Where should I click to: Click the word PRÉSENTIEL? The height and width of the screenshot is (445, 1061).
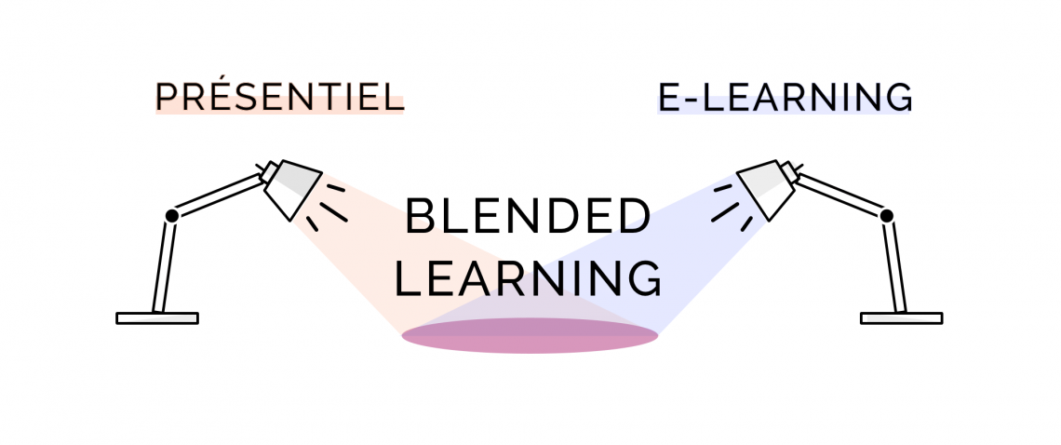(x=279, y=96)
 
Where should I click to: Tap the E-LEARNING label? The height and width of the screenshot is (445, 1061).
(x=785, y=97)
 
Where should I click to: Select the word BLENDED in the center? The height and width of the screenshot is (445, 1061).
(x=528, y=216)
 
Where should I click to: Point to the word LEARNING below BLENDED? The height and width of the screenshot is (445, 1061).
(x=528, y=277)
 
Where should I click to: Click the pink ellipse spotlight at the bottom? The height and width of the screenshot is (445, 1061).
(x=530, y=335)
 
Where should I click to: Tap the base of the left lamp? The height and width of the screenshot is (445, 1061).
(x=157, y=318)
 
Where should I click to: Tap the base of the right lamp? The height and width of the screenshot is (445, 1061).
(x=901, y=318)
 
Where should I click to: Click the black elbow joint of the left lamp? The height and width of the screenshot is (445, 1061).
(x=172, y=215)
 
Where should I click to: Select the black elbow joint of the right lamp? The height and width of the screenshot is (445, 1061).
(x=886, y=215)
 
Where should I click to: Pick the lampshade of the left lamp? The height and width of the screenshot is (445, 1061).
(x=292, y=188)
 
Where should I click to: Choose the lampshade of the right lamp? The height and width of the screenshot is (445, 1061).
(x=766, y=188)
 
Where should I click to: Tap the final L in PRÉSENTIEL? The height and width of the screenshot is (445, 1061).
(x=395, y=98)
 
